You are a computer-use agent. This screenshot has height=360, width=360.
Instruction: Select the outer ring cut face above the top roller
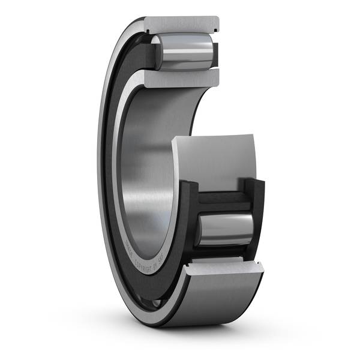[180, 24]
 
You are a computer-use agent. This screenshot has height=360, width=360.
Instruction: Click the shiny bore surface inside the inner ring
[144, 180]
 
